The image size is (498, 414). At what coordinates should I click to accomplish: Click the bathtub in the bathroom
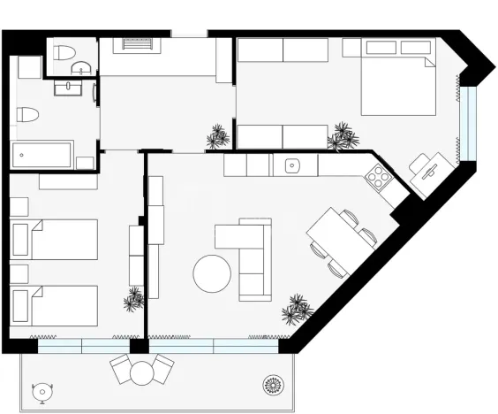tap(44, 154)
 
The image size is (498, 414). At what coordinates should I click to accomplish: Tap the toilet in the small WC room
tap(63, 55)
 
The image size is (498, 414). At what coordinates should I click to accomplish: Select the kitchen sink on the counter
tap(292, 165)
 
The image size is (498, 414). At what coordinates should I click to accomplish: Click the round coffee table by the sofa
tap(213, 274)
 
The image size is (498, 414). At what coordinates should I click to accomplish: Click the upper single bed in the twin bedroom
tap(54, 239)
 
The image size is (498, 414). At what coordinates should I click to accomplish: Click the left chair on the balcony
tap(121, 369)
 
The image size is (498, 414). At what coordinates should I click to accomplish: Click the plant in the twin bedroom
tap(134, 299)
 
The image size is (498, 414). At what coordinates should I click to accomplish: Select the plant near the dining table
tap(296, 310)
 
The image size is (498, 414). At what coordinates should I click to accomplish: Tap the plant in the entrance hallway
tap(217, 136)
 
